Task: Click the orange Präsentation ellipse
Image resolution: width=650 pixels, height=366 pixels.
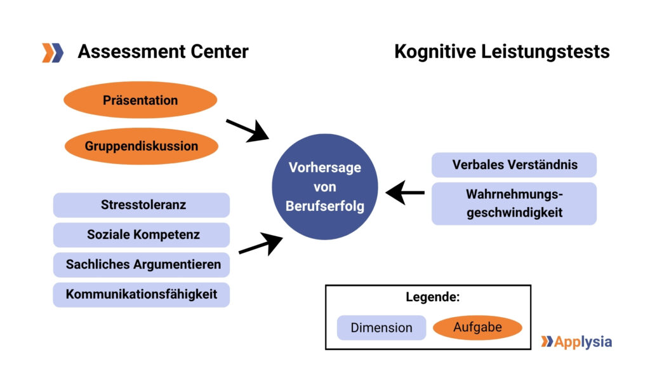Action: click(x=140, y=100)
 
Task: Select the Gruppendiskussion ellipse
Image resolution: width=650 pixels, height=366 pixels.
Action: click(x=142, y=146)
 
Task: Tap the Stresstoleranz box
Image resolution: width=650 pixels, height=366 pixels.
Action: click(x=141, y=205)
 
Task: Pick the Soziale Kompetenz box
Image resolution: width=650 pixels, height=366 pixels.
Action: click(x=141, y=234)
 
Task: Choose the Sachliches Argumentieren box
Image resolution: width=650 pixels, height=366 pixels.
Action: click(x=141, y=264)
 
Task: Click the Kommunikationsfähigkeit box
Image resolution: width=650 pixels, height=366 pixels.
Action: click(x=141, y=294)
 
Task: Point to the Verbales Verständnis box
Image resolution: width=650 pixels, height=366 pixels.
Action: click(x=514, y=165)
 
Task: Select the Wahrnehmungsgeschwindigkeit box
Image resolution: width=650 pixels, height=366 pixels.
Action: click(x=514, y=203)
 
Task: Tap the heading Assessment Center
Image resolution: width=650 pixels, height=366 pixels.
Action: click(x=163, y=51)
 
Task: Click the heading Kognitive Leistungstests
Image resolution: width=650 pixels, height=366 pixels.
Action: click(x=501, y=51)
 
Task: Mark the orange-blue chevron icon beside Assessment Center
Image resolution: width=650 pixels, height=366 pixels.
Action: click(x=53, y=52)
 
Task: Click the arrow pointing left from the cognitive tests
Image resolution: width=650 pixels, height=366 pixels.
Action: click(x=406, y=192)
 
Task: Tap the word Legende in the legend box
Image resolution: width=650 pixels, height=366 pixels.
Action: click(x=432, y=297)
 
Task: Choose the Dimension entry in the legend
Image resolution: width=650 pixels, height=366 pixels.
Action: click(x=381, y=328)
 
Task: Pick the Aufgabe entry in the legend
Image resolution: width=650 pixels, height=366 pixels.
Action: click(x=477, y=327)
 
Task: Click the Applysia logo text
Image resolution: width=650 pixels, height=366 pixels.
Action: click(x=583, y=342)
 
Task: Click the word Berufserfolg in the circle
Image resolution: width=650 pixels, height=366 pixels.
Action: click(x=325, y=207)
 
